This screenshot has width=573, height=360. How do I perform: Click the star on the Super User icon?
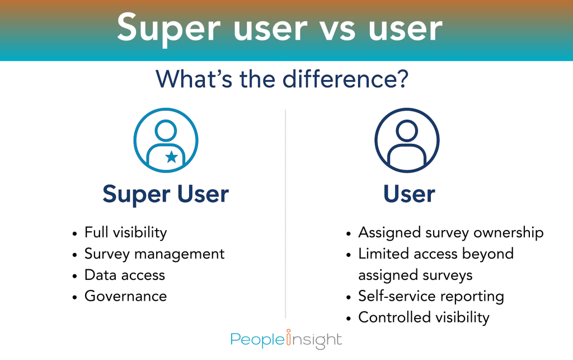point(172,157)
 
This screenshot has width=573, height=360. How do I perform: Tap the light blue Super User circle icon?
point(166,140)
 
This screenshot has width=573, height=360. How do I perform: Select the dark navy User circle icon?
point(407,140)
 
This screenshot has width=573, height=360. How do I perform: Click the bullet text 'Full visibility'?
point(125,232)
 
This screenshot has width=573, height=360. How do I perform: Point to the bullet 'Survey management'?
point(154,254)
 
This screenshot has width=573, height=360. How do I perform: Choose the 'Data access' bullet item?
point(124,275)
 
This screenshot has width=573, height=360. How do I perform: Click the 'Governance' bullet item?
point(125,296)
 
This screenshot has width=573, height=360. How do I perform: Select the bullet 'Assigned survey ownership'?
point(450,232)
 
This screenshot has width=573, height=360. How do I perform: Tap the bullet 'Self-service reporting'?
point(431,296)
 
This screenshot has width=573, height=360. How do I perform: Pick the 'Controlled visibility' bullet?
point(424,317)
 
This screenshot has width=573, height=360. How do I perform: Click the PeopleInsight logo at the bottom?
point(286,339)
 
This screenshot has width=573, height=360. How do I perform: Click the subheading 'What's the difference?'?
point(282,79)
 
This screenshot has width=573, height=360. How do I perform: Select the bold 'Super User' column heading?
point(166,194)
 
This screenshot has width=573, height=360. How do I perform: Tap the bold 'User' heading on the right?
point(409,194)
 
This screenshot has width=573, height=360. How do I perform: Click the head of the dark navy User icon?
point(407,131)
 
